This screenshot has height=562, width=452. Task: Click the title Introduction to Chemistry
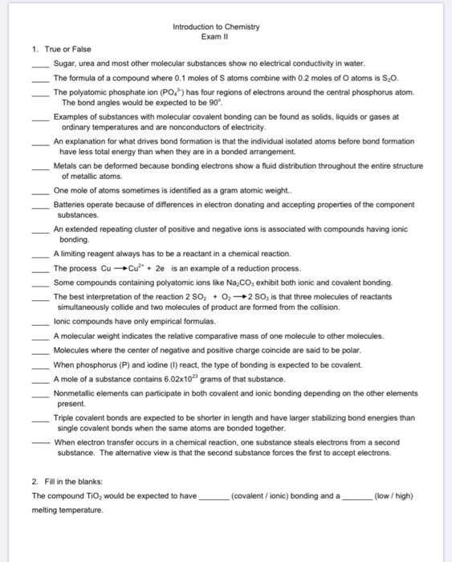point(216,26)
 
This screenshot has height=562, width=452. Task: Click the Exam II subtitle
point(216,37)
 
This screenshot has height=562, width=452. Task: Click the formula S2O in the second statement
point(340,78)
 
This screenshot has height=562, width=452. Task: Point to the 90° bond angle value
point(231,104)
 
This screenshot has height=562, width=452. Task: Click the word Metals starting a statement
point(66,166)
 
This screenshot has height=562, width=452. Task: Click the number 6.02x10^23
point(175,379)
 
